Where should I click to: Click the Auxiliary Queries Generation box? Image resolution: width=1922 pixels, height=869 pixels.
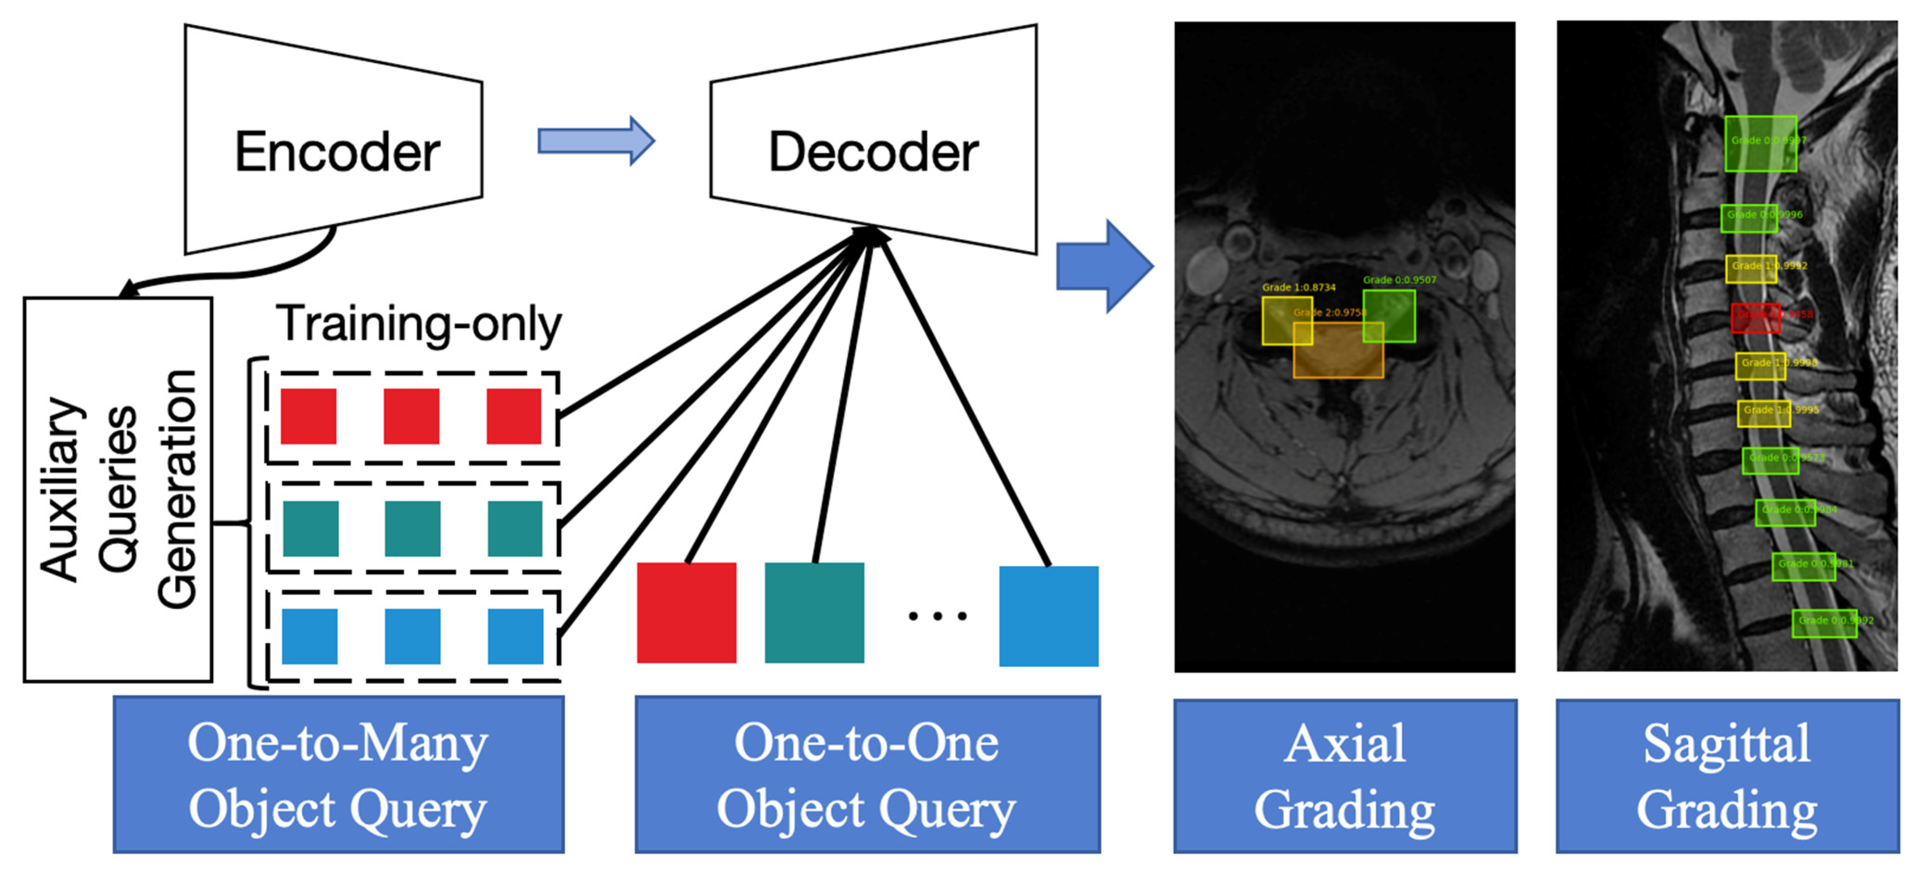[x=118, y=489]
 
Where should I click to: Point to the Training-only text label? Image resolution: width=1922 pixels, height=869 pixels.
[x=418, y=325]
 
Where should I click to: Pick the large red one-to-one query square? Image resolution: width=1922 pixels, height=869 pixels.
[x=686, y=613]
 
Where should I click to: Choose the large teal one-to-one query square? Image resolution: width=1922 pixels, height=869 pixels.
[x=814, y=613]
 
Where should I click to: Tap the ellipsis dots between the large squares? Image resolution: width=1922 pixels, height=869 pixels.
[x=937, y=616]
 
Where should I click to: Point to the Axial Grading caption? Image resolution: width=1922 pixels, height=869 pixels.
[x=1344, y=776]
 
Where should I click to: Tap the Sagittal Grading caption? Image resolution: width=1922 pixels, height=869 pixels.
[x=1727, y=776]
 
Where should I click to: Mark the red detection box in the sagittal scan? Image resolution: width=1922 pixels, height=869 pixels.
[x=1755, y=318]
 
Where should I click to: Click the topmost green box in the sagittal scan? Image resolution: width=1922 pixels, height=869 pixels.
[x=1760, y=143]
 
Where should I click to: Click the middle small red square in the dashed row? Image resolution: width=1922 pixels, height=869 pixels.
[x=411, y=415]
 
